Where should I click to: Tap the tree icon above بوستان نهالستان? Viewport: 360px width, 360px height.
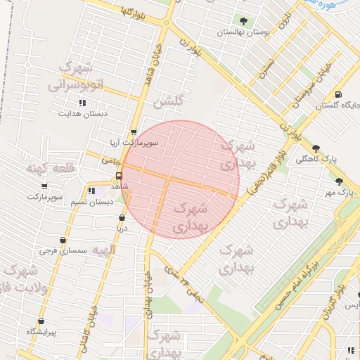click(x=244, y=22)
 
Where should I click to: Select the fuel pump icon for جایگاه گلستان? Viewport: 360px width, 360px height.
click(x=340, y=95)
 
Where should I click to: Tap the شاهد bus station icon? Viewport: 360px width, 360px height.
click(x=119, y=176)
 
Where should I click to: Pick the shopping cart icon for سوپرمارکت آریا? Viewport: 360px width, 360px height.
click(x=134, y=132)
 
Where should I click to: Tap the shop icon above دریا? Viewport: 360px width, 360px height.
click(x=122, y=218)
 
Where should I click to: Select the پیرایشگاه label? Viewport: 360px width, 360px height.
click(x=41, y=330)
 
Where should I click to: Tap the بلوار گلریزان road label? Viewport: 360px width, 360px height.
click(x=333, y=295)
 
